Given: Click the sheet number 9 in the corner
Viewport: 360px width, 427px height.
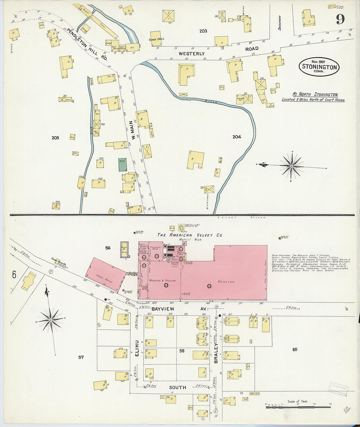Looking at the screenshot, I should tap(340, 20).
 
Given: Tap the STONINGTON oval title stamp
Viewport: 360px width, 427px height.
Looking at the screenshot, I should tap(319, 67).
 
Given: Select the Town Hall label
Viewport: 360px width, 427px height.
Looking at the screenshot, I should tap(157, 39).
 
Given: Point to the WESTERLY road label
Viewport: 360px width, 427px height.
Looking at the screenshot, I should tap(191, 53).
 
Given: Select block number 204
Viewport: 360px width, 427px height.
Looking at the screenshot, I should tap(237, 137).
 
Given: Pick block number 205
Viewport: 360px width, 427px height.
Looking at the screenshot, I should tap(55, 138).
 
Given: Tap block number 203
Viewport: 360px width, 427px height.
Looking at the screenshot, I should tap(203, 31).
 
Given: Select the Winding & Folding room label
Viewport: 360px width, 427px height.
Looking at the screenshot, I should tap(163, 281).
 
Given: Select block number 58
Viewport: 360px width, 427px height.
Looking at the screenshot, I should tap(182, 351).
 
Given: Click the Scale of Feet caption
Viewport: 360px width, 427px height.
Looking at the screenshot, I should tap(297, 401).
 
